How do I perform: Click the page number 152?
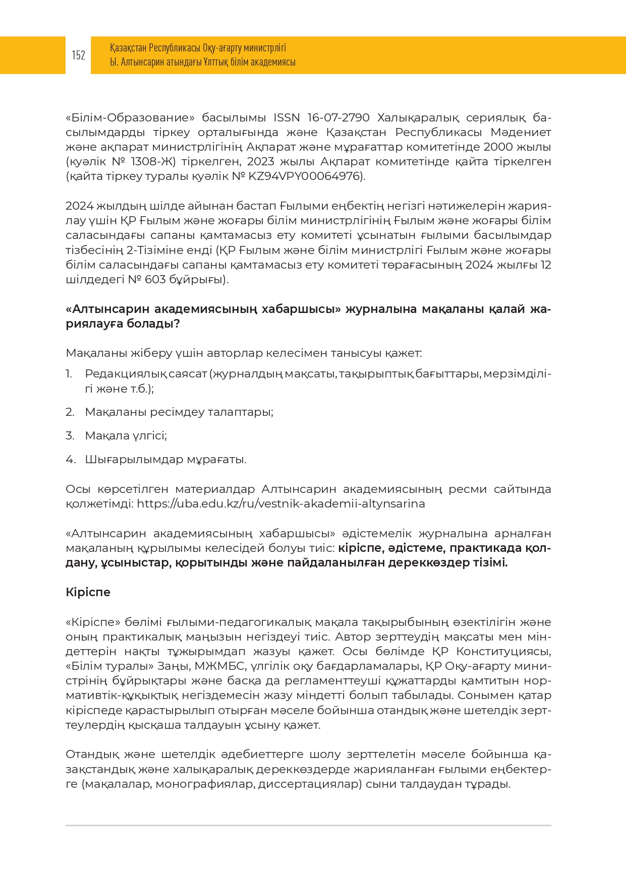[x=78, y=55]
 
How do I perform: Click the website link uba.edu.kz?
[x=281, y=503]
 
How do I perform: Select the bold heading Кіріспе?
[x=88, y=592]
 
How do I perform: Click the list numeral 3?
[x=70, y=435]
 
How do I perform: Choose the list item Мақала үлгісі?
[x=126, y=435]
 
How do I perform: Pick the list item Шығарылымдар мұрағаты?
[x=165, y=459]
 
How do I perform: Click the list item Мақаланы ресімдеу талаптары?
[x=179, y=412]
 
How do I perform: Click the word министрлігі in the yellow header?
[x=265, y=48]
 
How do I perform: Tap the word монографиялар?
[x=204, y=784]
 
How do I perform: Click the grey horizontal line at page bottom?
[x=308, y=826]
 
